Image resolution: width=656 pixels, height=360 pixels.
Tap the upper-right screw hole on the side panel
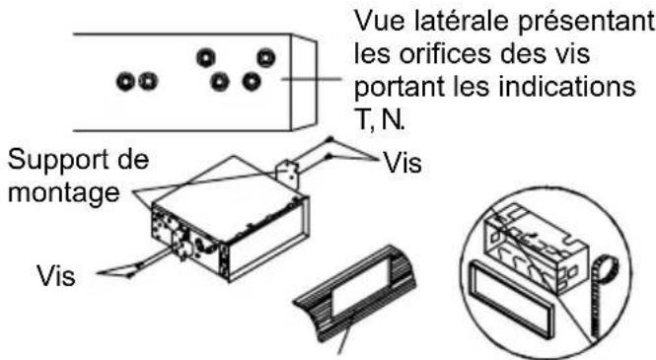point(264,56)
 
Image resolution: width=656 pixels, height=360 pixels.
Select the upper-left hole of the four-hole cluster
point(206,56)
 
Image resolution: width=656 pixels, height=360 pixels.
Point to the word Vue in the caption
point(375,21)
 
